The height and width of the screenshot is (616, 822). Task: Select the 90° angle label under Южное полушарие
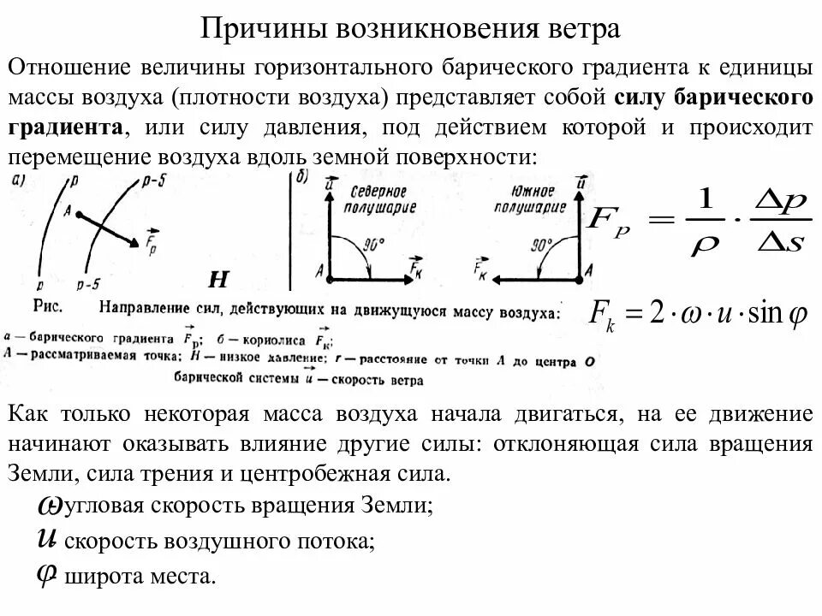[x=542, y=245]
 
